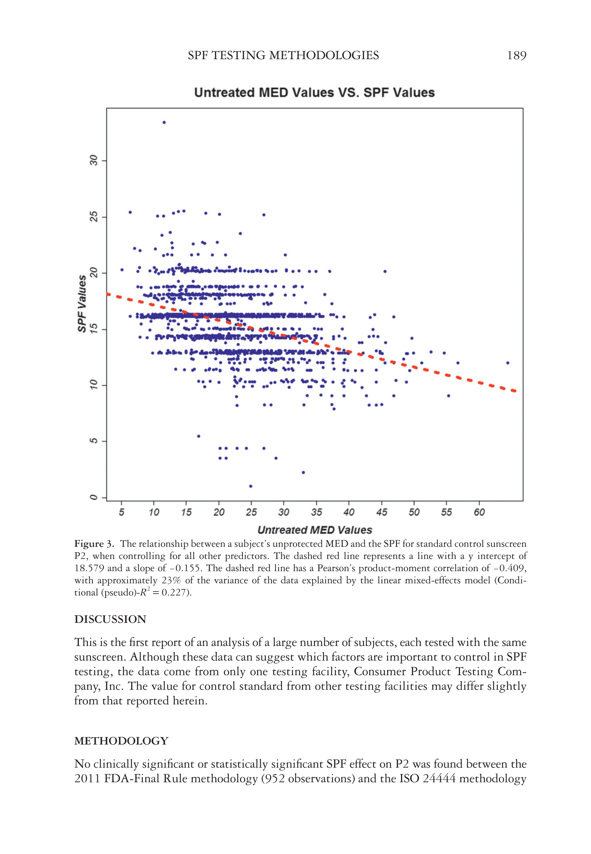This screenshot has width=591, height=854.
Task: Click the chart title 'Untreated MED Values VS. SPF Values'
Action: point(314,93)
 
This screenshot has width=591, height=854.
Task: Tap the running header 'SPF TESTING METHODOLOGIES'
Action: point(283,56)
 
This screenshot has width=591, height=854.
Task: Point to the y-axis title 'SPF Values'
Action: point(82,304)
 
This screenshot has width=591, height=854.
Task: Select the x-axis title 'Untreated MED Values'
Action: point(314,530)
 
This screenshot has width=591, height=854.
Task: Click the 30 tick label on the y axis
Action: point(94,161)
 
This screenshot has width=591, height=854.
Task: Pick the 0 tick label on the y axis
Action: point(94,497)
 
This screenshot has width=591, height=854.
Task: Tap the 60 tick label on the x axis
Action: point(479,512)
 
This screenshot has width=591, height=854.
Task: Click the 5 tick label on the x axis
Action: point(122,512)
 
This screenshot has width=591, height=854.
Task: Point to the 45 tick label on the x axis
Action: point(382,512)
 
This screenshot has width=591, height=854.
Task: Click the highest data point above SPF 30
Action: point(164,123)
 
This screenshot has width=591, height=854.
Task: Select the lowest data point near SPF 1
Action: point(251,486)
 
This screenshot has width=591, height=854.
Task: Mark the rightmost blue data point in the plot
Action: point(508,363)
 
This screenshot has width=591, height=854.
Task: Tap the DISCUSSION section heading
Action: point(110,619)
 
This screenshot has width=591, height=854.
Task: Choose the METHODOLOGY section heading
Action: point(122,741)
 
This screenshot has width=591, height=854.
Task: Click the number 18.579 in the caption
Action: point(89,568)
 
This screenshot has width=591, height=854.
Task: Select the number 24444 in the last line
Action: point(439,779)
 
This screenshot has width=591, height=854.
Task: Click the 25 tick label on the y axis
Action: point(94,217)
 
